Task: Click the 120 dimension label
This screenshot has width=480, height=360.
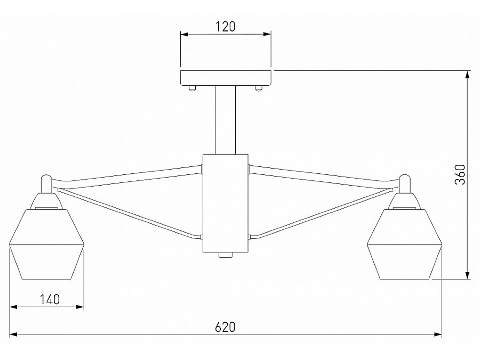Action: tap(226, 27)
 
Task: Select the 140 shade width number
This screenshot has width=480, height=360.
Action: tap(49, 299)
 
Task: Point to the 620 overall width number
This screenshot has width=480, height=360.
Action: tap(225, 326)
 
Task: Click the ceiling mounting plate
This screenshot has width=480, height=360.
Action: tap(226, 78)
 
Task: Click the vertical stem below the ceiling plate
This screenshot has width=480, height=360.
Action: tap(226, 120)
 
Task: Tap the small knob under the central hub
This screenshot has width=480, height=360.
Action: tap(226, 255)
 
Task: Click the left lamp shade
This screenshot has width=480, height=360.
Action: tap(47, 245)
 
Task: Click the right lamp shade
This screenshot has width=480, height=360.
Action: tap(405, 245)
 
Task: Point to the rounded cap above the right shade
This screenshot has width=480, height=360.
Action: tap(405, 182)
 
